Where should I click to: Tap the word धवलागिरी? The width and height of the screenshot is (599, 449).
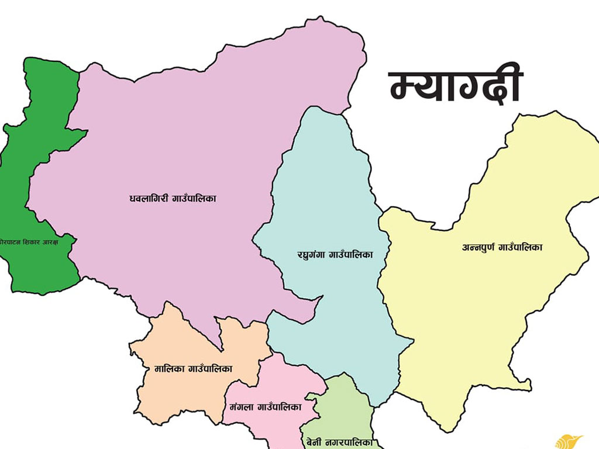click(149, 199)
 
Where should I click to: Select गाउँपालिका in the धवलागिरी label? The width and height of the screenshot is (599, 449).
click(194, 199)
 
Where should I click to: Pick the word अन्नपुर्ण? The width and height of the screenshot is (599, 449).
click(478, 247)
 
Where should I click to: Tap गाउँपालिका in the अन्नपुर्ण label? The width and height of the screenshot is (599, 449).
click(520, 247)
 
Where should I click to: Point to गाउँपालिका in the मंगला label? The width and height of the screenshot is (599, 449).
click(280, 407)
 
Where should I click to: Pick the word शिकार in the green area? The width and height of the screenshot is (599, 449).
click(35, 241)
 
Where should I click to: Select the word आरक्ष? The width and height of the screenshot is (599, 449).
click(61, 241)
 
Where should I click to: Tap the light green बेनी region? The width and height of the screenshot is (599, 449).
click(345, 409)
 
